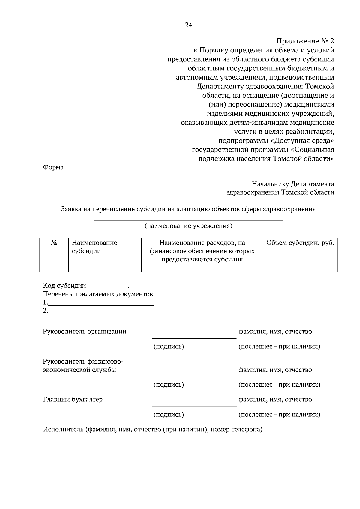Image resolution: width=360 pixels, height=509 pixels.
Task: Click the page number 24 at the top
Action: tap(188, 25)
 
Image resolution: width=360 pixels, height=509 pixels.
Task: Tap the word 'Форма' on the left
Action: tap(53, 168)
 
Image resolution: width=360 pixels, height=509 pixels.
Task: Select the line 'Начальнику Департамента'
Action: tap(293, 183)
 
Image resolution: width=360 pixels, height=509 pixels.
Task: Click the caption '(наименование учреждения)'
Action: tap(188, 226)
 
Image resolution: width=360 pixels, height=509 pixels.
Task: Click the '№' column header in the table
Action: tap(54, 243)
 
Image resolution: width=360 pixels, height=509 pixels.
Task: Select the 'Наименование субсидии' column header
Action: tap(94, 247)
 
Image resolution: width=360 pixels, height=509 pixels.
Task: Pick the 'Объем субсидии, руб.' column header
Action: tap(300, 243)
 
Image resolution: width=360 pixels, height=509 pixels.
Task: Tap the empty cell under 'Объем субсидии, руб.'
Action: tap(300, 267)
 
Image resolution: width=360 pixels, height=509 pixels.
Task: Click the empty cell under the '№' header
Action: tap(54, 267)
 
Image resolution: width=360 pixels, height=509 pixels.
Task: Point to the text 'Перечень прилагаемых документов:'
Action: tap(99, 294)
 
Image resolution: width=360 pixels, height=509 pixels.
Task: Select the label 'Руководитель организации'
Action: tap(85, 332)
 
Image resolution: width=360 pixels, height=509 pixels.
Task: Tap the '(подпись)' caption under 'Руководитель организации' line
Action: tap(169, 347)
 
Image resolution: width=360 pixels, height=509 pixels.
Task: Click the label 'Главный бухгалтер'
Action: tap(73, 400)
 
